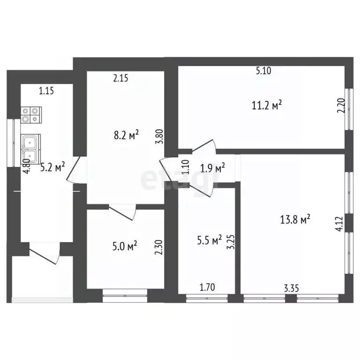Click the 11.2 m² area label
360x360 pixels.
267,105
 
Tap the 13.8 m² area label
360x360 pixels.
296,219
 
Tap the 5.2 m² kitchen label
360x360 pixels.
52,166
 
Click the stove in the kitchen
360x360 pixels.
31,115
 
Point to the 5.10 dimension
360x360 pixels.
264,71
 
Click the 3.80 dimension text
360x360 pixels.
160,140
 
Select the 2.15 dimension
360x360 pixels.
121,78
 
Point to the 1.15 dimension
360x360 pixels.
46,91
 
